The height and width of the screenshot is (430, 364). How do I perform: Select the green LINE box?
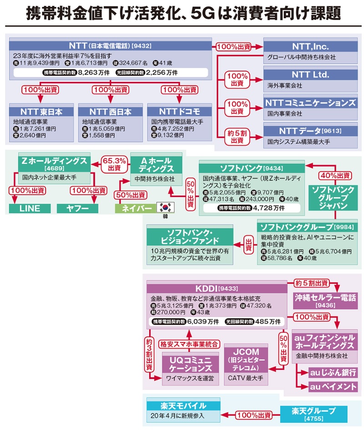tap(30, 209)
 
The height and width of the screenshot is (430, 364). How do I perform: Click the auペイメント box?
tap(333, 387)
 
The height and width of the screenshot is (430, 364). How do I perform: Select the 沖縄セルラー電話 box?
tap(325, 301)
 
